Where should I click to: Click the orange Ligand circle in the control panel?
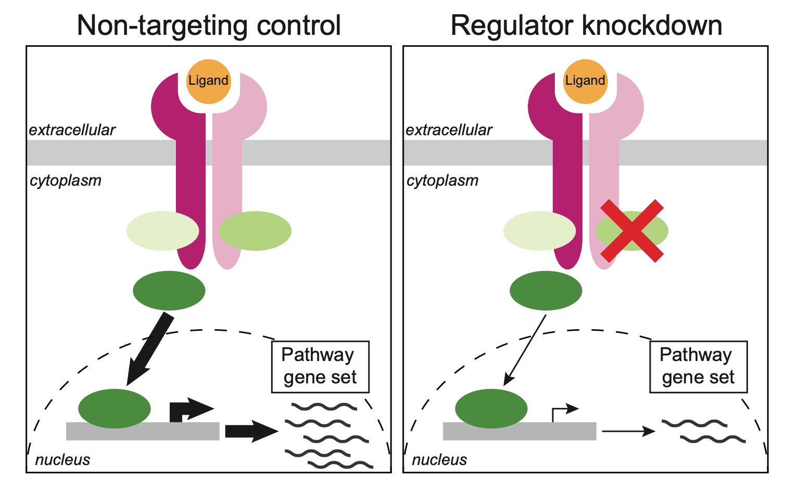[x=209, y=81]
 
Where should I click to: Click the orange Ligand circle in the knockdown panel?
[x=586, y=81]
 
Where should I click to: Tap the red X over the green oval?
[x=632, y=230]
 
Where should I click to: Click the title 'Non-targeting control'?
[x=209, y=25]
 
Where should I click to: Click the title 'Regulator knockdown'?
[x=586, y=25]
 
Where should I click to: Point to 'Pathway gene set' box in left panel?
[x=320, y=367]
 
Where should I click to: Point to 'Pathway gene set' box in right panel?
[x=698, y=367]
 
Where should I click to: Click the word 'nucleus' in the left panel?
[x=62, y=460]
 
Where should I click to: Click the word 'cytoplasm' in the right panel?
[x=442, y=180]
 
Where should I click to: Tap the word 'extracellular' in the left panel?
[x=72, y=130]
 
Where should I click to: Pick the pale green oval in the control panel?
[x=162, y=231]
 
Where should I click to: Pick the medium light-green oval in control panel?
[x=255, y=231]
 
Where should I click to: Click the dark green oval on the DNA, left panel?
[x=115, y=408]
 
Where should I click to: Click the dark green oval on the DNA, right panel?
[x=491, y=408]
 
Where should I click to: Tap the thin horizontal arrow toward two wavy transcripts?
[x=628, y=431]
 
